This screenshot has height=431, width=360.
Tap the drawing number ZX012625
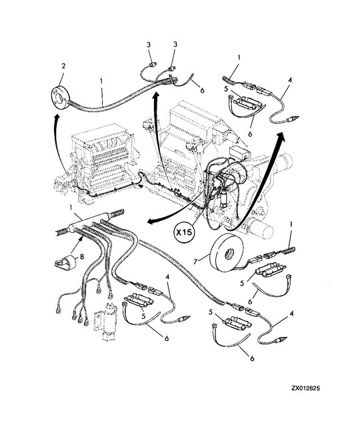point(305,388)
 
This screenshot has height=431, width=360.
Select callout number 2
point(63,66)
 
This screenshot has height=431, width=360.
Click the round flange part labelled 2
point(61,98)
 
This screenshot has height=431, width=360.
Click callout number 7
point(195,262)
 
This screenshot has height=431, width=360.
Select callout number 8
point(81,257)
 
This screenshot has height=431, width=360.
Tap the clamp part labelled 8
point(65,262)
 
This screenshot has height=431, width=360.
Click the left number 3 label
point(149,45)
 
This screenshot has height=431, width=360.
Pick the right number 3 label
point(175,44)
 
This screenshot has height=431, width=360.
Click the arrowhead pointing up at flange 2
point(57,118)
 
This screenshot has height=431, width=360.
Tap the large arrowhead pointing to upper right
point(280,137)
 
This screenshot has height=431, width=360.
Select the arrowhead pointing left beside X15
point(151,222)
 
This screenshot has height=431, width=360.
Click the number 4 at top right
point(290,80)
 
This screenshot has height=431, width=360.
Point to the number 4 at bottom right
point(291,314)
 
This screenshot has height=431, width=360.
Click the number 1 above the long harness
point(101,81)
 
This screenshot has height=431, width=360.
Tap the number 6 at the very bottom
point(252,358)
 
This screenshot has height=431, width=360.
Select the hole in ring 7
point(227,254)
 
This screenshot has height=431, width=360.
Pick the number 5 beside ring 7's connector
point(242,284)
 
